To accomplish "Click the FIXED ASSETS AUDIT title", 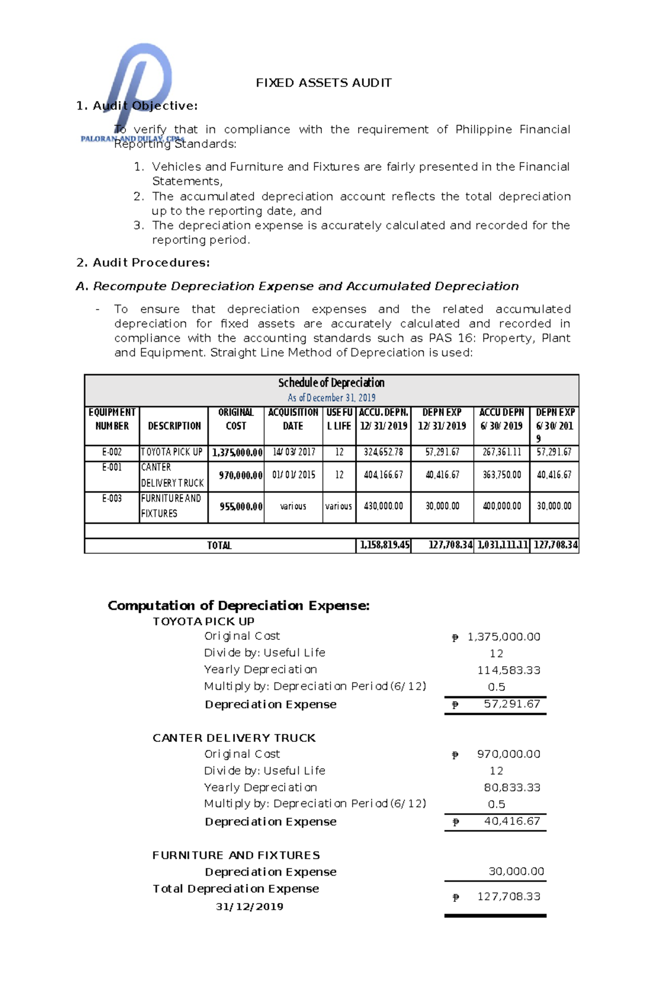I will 323,83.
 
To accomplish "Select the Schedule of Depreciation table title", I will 331,383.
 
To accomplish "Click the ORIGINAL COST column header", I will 235,419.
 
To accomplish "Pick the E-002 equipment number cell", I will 112,452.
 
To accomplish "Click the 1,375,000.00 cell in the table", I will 237,453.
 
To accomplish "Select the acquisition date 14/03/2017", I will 293,452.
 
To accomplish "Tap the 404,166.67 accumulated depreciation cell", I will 383,475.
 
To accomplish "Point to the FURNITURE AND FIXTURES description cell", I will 171,506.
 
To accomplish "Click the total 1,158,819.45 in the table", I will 384,545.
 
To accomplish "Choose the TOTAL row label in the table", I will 219,545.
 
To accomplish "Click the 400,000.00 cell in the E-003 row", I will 502,506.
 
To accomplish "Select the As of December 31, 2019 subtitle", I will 331,398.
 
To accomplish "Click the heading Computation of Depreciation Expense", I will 239,605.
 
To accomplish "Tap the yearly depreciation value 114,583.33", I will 508,670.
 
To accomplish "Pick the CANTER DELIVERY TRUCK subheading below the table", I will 234,738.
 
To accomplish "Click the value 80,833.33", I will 511,787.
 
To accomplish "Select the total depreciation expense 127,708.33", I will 508,896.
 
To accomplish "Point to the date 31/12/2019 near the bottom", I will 249,906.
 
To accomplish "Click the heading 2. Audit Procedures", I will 143,263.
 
